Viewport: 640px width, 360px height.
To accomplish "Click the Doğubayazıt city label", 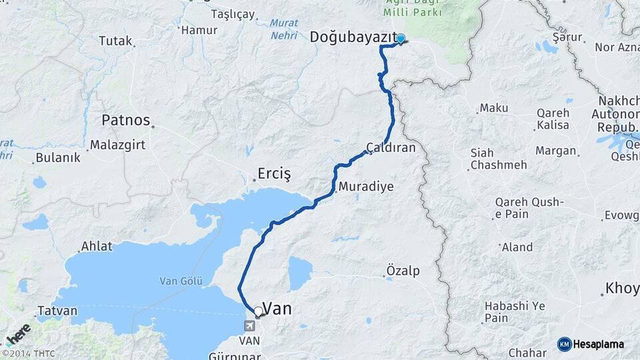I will point(353,38).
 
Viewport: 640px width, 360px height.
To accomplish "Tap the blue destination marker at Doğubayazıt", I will point(401,39).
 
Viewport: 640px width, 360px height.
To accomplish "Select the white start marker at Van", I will point(258,311).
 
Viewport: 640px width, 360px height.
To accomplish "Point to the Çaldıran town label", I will point(391,148).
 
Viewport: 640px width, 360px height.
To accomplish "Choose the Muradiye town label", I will point(366,187).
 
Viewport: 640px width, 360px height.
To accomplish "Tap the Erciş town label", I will point(275,175).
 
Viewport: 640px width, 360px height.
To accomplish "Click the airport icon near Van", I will point(249,327).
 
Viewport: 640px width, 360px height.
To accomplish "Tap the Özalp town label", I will point(403,271).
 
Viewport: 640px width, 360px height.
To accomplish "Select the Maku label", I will point(494,108).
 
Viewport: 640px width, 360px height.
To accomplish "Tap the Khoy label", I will point(622,289).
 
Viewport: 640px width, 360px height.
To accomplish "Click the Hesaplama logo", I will point(591,344).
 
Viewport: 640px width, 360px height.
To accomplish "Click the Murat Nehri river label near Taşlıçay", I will point(284,29).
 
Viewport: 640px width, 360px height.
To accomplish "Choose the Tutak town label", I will point(115,41).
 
